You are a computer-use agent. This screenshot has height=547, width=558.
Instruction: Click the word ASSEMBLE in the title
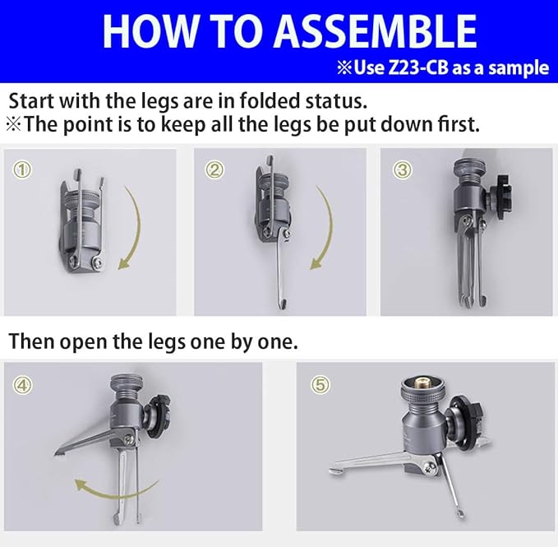pos(376,31)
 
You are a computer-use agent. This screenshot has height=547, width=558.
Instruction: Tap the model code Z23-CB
pos(418,68)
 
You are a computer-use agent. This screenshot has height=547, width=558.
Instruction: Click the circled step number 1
pos(22,169)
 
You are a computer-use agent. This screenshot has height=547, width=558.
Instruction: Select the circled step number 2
pos(214,169)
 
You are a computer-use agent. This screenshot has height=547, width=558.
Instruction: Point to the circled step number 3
pos(403,169)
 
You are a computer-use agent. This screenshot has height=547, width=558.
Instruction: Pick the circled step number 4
pos(22,385)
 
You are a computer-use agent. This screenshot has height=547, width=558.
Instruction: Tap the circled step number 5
pos(320,385)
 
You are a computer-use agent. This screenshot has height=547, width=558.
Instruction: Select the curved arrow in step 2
pos(327,228)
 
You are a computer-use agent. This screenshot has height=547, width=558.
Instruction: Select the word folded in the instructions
pos(270,101)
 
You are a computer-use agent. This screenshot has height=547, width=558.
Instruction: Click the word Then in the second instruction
pos(31,341)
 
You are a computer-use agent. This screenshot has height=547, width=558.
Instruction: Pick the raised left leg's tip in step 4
pos(56,453)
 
